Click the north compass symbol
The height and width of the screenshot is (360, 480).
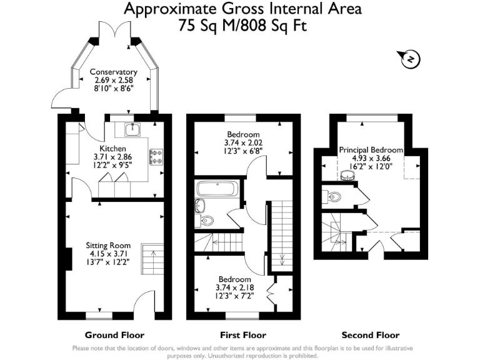[411, 59]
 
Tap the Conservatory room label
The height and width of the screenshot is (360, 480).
[113, 72]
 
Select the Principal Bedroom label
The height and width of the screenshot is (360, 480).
[371, 151]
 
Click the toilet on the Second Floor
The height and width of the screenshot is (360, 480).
[334, 197]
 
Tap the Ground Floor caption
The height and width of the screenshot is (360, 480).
[114, 335]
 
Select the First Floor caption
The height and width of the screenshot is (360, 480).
[243, 335]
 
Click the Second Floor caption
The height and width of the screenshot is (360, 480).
[371, 335]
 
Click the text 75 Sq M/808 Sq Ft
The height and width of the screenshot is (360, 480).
[242, 26]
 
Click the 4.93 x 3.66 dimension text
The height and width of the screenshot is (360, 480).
[371, 158]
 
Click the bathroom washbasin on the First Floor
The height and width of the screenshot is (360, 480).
[200, 205]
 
